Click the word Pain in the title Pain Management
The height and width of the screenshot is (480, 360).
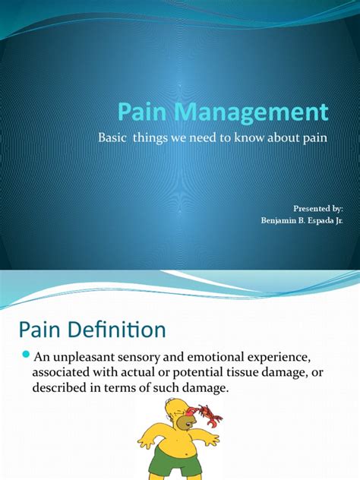pyautogui.click(x=142, y=112)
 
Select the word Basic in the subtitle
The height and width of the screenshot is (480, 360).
pyautogui.click(x=112, y=137)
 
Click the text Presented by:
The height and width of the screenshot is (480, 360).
pyautogui.click(x=318, y=208)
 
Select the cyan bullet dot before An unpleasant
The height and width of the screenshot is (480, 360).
pyautogui.click(x=26, y=355)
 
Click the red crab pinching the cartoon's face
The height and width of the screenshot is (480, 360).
pyautogui.click(x=206, y=414)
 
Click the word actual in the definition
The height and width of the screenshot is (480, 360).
pyautogui.click(x=136, y=372)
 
